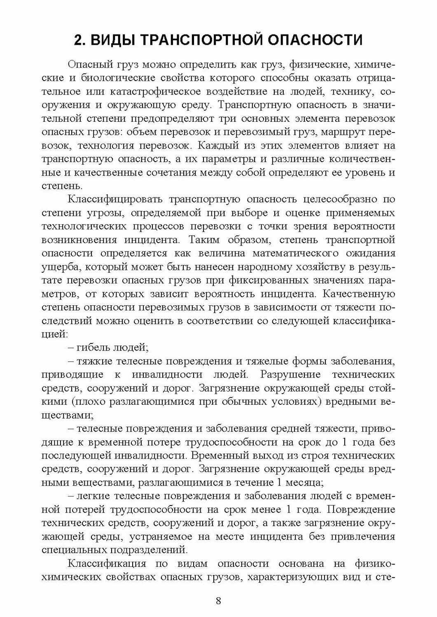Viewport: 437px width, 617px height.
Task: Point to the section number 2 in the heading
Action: (x=78, y=41)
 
